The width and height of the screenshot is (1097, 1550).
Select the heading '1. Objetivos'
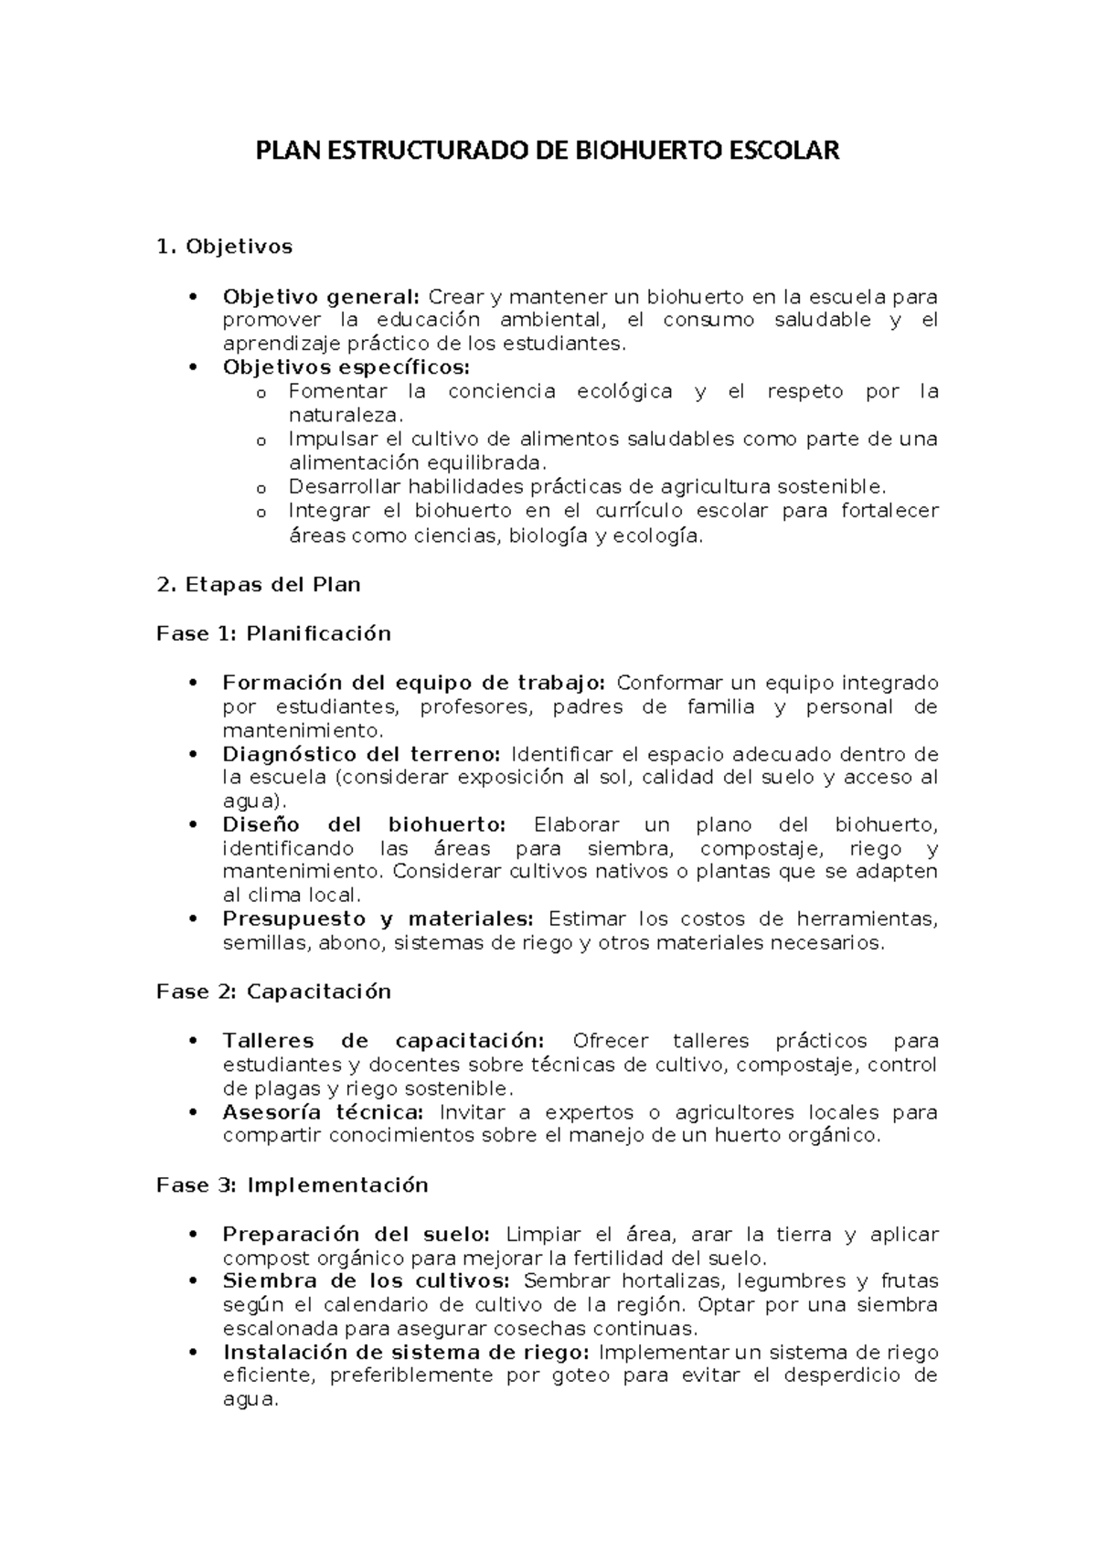point(225,247)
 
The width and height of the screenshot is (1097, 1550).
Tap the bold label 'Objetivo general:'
point(321,296)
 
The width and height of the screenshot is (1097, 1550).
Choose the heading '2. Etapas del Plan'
point(259,585)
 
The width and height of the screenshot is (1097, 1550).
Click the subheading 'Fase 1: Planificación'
point(274,633)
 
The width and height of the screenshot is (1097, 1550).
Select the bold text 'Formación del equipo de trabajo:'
point(414,683)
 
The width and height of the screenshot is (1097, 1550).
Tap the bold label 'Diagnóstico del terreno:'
point(362,754)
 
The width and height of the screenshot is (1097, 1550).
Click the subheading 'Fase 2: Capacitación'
point(274,992)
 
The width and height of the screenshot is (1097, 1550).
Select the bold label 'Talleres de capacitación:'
point(384,1041)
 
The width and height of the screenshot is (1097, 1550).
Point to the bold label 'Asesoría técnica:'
point(323,1112)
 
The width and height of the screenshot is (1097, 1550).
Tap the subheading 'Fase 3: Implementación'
point(293,1185)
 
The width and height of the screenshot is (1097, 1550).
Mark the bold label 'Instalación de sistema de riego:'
point(408,1352)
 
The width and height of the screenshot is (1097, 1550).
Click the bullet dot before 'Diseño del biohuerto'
point(192,825)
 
